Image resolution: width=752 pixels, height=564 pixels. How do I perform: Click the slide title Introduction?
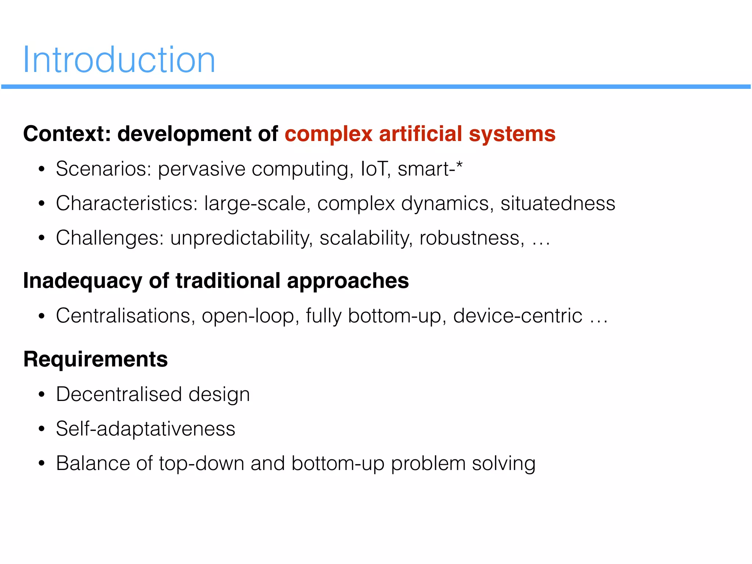tap(119, 60)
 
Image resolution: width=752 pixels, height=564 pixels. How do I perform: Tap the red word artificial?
tap(420, 134)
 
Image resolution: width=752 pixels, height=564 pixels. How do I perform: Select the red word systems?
tap(512, 134)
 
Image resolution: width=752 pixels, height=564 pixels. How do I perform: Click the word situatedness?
tap(557, 203)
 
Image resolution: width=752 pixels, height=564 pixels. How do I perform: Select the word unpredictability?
tap(241, 238)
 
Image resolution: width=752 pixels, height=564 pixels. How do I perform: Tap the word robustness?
tap(471, 238)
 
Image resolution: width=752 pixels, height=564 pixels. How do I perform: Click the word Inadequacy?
tap(83, 281)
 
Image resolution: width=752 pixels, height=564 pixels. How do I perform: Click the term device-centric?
tap(517, 316)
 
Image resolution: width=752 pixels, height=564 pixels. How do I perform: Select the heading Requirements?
tap(95, 359)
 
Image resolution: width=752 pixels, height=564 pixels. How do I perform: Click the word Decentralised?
tap(119, 394)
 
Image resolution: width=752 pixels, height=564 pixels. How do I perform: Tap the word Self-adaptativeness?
tap(145, 429)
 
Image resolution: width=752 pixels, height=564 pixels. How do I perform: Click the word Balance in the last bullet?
tap(93, 463)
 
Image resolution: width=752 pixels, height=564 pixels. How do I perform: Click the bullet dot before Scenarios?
tap(41, 170)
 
